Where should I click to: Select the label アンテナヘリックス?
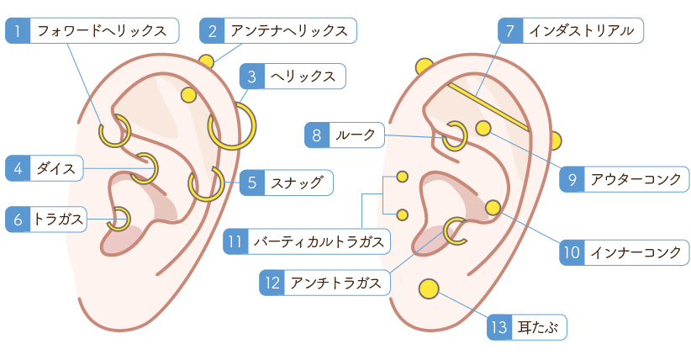pos(289,32)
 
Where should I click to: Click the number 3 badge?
pos(251,77)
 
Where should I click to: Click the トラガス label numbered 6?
pos(58,220)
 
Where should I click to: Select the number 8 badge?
pos(316,135)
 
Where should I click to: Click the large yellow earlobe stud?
pos(429,289)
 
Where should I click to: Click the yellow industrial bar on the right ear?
pos(488,106)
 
